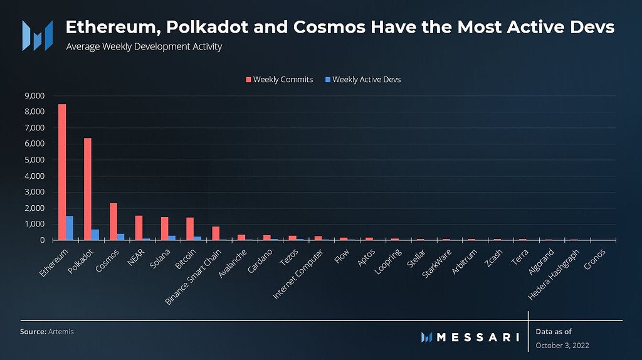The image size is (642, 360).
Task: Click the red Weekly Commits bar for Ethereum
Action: pos(62,172)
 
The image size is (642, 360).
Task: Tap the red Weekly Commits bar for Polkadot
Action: pos(88,189)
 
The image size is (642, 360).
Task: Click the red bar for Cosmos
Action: pos(113,221)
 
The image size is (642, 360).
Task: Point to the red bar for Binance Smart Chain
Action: pos(216,233)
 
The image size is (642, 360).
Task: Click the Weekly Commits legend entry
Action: pos(278,80)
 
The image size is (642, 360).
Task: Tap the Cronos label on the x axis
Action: pos(595,257)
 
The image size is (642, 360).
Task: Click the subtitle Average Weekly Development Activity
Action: pos(144,47)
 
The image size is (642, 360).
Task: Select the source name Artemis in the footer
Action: pos(61,331)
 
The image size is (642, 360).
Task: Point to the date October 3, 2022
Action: pos(562,346)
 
